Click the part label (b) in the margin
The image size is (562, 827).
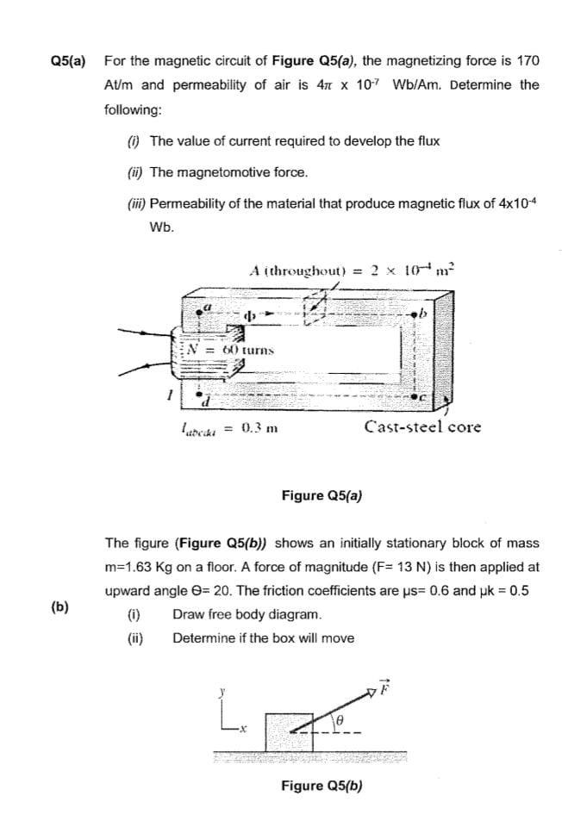pyautogui.click(x=59, y=606)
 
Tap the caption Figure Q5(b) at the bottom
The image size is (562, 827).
pyautogui.click(x=322, y=786)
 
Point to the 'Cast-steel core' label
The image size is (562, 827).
pyautogui.click(x=422, y=426)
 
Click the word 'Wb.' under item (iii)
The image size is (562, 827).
pyautogui.click(x=161, y=227)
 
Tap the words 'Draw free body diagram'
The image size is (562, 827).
pyautogui.click(x=235, y=615)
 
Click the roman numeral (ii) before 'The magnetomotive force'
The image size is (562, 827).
pyautogui.click(x=134, y=171)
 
